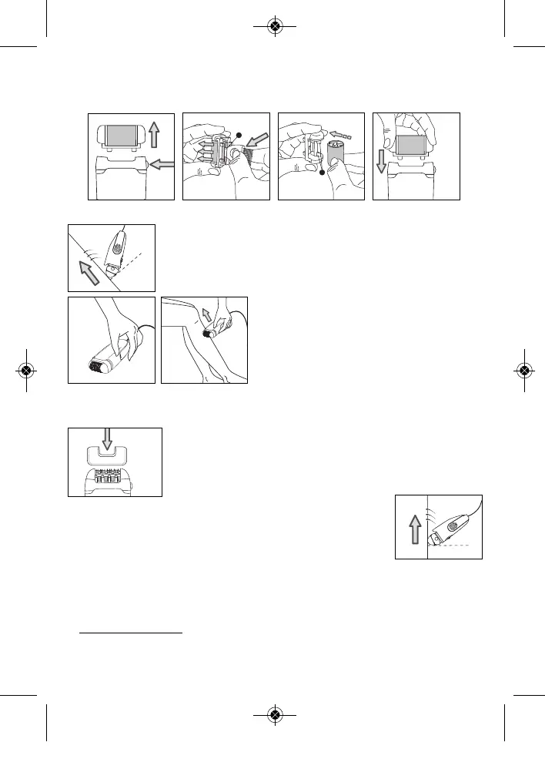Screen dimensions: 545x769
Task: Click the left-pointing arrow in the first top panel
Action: pyautogui.click(x=161, y=164)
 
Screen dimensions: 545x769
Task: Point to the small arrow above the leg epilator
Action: pyautogui.click(x=206, y=314)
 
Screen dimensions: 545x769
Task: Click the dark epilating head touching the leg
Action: pyautogui.click(x=209, y=334)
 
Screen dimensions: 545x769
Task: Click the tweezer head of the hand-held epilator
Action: pyautogui.click(x=97, y=368)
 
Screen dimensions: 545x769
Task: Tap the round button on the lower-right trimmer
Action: pyautogui.click(x=453, y=529)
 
